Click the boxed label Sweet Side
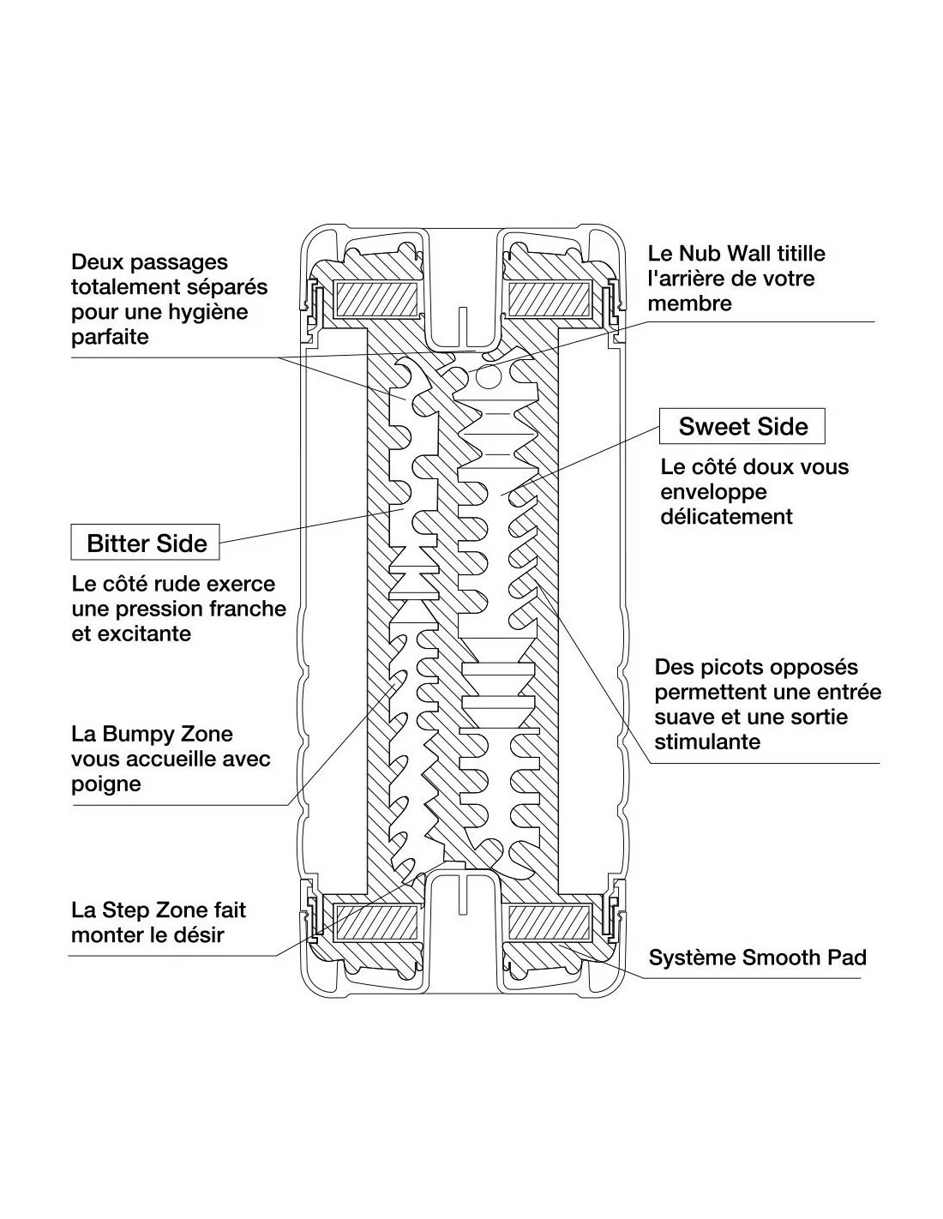click(742, 427)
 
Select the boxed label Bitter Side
click(147, 543)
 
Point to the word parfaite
click(110, 336)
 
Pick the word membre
click(689, 303)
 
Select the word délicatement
click(727, 516)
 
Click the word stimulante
click(707, 742)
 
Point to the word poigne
click(106, 784)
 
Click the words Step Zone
click(153, 910)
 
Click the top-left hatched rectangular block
click(377, 297)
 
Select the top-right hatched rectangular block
click(547, 297)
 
